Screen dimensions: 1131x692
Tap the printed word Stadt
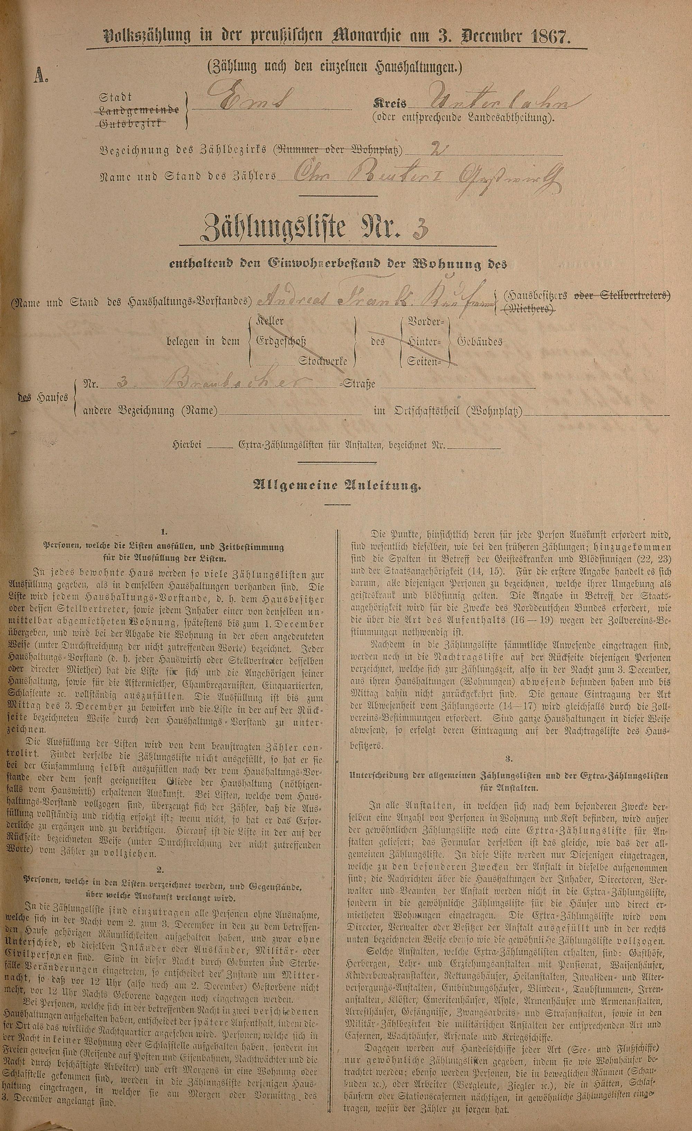(x=116, y=97)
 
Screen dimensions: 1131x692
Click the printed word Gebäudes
(x=480, y=342)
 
